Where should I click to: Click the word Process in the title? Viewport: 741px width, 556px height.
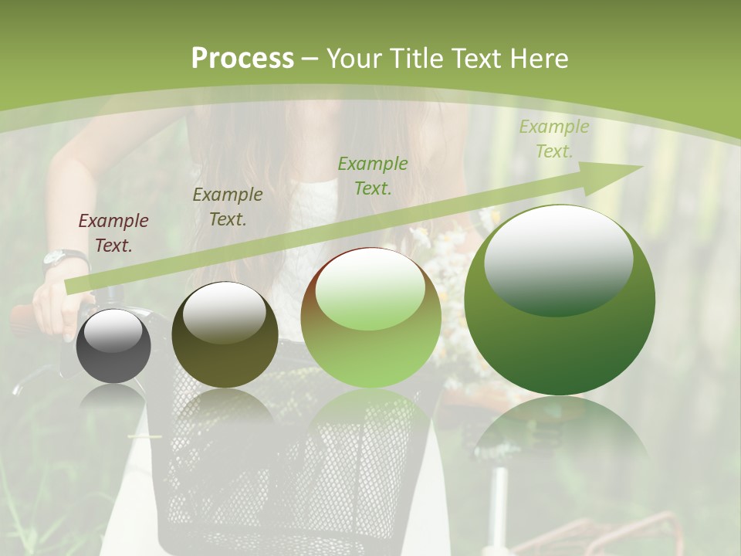(242, 59)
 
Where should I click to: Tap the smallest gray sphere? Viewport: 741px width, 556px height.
(113, 347)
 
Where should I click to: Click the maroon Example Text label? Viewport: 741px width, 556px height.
(113, 232)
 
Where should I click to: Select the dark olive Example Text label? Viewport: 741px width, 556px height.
(228, 206)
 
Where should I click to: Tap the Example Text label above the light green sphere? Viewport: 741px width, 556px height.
(373, 175)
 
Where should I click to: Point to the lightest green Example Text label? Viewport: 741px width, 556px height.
(553, 139)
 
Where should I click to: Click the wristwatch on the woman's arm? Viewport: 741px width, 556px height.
(63, 258)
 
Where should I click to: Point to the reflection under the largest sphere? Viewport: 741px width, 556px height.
(560, 432)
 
